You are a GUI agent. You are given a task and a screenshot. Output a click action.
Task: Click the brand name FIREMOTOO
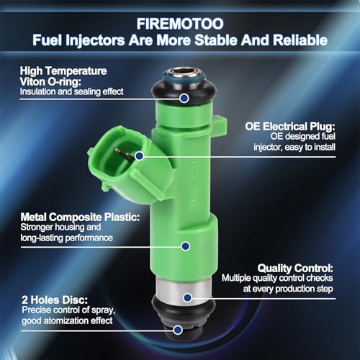[180, 24]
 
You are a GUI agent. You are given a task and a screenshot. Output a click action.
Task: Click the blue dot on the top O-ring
[184, 98]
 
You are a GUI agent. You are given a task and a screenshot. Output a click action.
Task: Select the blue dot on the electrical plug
[140, 156]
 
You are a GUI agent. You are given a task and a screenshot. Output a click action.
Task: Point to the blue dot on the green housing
[185, 246]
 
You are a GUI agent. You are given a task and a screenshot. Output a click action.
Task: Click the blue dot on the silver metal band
[187, 298]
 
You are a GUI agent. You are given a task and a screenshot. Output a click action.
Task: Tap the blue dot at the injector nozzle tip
[178, 330]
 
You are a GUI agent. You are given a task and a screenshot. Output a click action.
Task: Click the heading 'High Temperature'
[63, 71]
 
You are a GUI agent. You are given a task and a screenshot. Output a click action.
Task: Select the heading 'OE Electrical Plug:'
[290, 126]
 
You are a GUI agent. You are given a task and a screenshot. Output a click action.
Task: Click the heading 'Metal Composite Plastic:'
[80, 217]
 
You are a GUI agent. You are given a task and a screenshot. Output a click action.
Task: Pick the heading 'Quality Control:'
[295, 268]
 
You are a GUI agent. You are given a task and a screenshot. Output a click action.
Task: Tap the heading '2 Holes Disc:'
[55, 300]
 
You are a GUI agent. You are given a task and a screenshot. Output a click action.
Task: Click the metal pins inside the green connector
[124, 153]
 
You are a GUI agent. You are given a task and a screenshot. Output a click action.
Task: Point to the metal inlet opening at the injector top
[184, 71]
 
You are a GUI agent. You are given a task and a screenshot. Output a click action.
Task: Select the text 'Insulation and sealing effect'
[71, 91]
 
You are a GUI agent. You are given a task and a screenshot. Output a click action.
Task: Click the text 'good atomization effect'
[67, 320]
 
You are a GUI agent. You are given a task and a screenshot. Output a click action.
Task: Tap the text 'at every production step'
[288, 289]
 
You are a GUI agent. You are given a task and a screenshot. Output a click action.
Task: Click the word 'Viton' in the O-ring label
[32, 82]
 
